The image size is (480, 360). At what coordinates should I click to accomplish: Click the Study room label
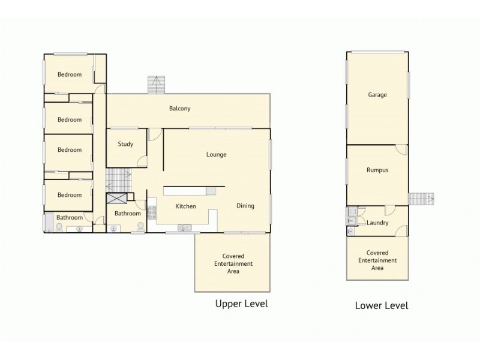(125, 144)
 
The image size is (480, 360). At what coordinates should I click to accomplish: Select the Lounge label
(216, 154)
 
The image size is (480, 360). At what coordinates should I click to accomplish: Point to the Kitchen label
(185, 206)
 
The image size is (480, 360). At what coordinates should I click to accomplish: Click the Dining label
(245, 206)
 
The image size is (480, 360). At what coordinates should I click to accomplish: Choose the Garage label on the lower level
(377, 95)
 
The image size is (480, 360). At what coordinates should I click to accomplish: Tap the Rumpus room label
(377, 170)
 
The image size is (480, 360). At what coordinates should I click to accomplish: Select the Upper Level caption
(241, 304)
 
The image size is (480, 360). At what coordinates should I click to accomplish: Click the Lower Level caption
(382, 305)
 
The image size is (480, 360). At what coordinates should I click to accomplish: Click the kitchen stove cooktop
(151, 212)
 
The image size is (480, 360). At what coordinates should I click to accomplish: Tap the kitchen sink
(185, 227)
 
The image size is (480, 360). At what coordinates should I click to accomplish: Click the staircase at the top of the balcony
(157, 85)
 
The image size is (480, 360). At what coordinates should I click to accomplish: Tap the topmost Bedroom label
(69, 74)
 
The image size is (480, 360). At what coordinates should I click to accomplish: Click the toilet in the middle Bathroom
(140, 227)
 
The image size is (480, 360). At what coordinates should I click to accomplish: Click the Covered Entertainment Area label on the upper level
(233, 264)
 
